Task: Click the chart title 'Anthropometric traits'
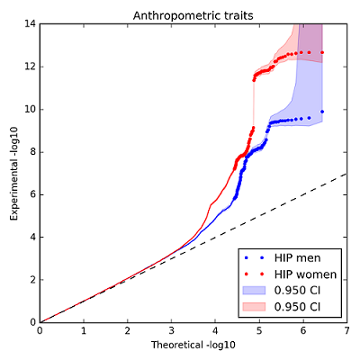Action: click(x=193, y=15)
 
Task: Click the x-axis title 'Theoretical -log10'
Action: click(x=193, y=345)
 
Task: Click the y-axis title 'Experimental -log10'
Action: click(x=14, y=174)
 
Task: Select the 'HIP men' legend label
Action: click(x=297, y=257)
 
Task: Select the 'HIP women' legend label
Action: click(x=305, y=274)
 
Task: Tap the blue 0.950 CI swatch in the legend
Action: click(x=254, y=291)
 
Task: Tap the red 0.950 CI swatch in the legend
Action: click(x=254, y=307)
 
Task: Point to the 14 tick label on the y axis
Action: click(x=31, y=23)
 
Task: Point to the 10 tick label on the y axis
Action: click(x=31, y=109)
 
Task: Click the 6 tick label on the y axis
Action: click(x=33, y=194)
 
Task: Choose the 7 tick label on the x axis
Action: click(x=347, y=331)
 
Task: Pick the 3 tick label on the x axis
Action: click(x=172, y=331)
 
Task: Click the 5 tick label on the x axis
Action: click(x=259, y=331)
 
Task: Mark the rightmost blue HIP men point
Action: click(x=322, y=112)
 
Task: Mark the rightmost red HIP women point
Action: click(x=322, y=52)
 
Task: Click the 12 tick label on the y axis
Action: click(x=31, y=67)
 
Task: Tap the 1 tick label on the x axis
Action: click(x=84, y=331)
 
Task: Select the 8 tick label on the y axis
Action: click(x=33, y=152)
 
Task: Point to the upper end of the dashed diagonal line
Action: click(x=347, y=174)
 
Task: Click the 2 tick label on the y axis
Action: click(x=33, y=280)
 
